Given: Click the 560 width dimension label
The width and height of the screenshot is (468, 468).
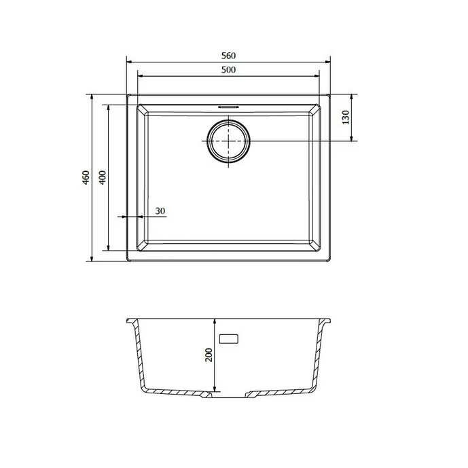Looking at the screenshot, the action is pos(228,56).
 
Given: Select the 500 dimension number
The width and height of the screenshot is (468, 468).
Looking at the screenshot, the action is pos(228,70).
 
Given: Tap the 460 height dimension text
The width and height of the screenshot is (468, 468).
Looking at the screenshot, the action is pos(86,177).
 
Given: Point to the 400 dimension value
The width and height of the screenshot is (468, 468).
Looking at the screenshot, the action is pos(103,177).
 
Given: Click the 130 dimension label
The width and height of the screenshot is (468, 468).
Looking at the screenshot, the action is pos(346,118).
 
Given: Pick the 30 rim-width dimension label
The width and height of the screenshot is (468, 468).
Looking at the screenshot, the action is pos(160,211).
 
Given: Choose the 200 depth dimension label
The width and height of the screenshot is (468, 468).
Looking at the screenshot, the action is pos(209,355).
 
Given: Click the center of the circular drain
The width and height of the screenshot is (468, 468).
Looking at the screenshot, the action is pos(229,141).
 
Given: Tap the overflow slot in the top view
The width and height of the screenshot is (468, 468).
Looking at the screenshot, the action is pos(228,106).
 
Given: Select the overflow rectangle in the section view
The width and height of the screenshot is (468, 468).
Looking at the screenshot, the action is pos(229,339).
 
